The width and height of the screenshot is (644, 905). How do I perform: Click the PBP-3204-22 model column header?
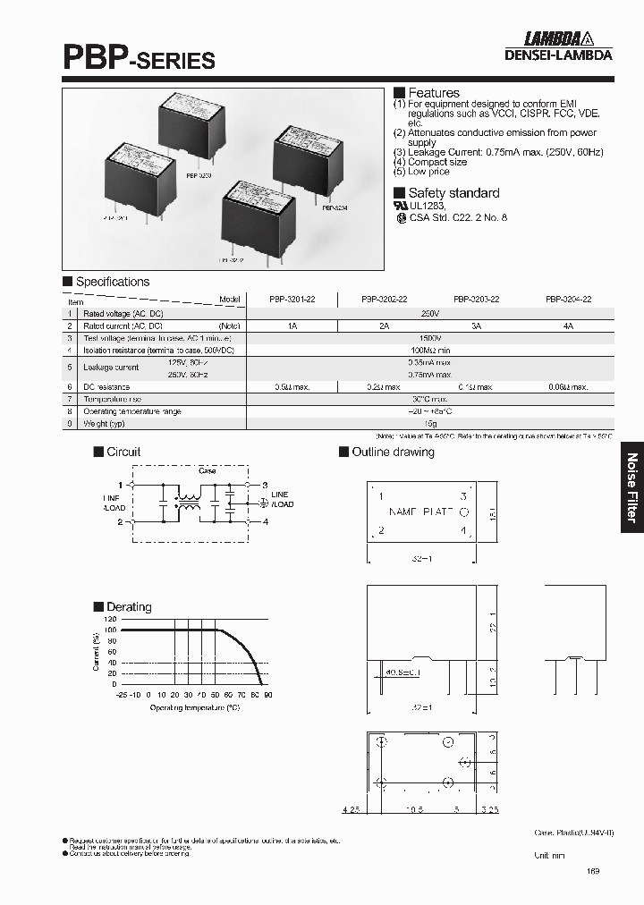568,300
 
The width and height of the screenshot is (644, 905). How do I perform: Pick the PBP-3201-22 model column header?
292,300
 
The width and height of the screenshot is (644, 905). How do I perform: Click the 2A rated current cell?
384,327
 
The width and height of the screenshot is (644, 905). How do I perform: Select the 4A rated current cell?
568,327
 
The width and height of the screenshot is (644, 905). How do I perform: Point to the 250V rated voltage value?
429,314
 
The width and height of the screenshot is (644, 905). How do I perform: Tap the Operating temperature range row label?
132,411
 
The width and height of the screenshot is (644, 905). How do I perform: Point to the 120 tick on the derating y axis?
111,619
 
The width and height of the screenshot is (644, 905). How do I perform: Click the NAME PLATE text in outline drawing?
420,512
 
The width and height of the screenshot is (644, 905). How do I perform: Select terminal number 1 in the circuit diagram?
120,484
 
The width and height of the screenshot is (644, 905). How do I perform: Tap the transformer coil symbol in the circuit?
189,503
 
